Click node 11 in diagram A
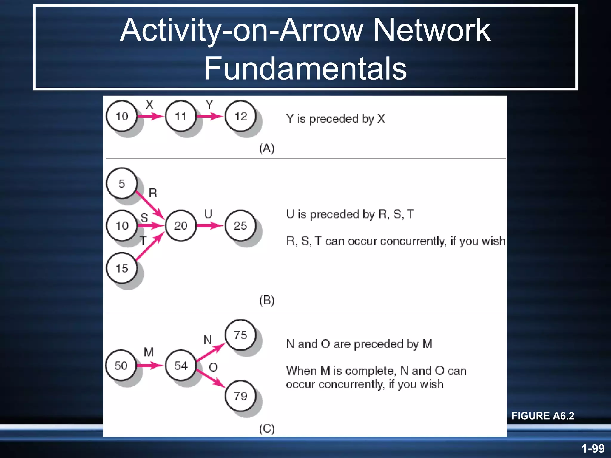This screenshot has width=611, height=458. point(181,116)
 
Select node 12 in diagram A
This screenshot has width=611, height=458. point(240,116)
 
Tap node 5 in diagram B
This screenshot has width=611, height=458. point(122,183)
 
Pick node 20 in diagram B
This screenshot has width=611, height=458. point(181,225)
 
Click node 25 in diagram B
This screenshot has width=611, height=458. point(240,225)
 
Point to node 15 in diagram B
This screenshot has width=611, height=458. point(122,268)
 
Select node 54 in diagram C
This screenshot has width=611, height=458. point(181,366)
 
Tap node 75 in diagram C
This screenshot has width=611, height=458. point(240,335)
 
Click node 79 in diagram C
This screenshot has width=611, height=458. point(240,396)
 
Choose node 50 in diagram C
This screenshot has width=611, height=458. point(121,366)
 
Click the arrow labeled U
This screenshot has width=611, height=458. point(210,225)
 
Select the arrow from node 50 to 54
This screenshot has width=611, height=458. point(150,366)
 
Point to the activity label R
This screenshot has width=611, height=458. point(153,193)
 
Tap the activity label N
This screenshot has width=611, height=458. point(208,340)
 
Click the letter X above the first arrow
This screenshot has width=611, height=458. point(149,105)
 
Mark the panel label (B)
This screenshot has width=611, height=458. point(267,300)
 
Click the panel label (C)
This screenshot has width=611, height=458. point(267,429)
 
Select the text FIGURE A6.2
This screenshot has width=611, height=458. point(543,416)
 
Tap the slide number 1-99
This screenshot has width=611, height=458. point(593,448)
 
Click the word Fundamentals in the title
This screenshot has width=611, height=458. point(305,69)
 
